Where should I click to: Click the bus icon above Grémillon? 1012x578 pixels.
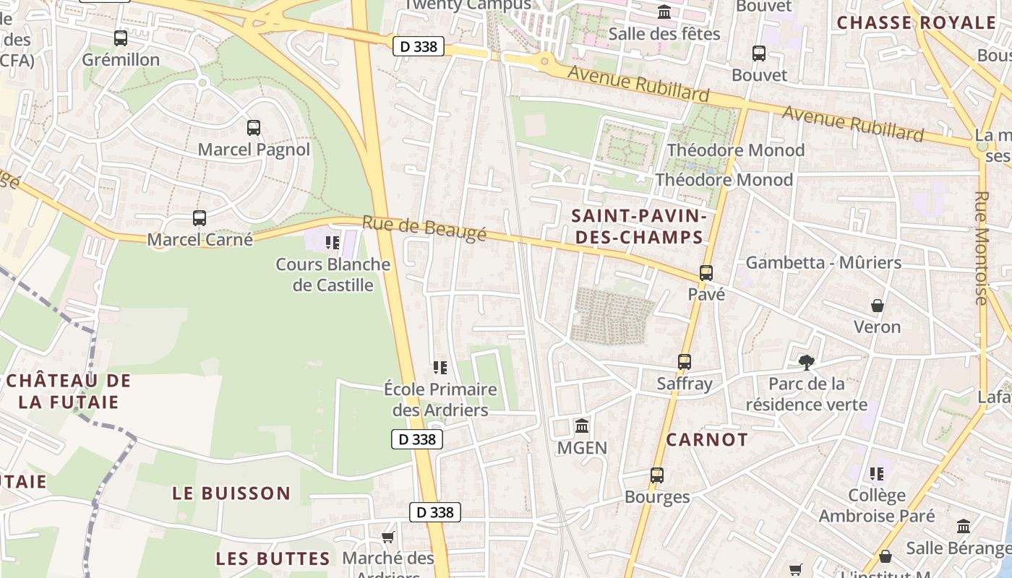[121, 38]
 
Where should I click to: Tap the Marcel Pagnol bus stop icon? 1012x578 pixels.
[253, 128]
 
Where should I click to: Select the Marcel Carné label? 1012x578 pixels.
[200, 239]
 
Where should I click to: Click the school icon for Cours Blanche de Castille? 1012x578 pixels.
[333, 243]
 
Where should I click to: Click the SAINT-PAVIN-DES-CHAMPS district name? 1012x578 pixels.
[637, 226]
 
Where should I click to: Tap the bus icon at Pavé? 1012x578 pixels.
[706, 273]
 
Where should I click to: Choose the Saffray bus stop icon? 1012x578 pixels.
[684, 361]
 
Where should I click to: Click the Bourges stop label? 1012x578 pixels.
[657, 497]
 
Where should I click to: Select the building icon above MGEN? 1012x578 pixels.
[582, 426]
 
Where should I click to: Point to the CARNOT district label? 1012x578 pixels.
[707, 439]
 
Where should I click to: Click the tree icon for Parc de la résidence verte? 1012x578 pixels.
[806, 362]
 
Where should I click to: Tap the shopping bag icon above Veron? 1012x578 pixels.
[878, 306]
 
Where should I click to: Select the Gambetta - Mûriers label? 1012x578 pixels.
[823, 262]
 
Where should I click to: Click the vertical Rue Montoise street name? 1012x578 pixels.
[981, 248]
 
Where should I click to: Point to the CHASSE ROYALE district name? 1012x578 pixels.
[916, 22]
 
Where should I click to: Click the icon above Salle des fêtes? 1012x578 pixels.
[664, 12]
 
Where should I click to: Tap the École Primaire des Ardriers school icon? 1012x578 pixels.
[439, 368]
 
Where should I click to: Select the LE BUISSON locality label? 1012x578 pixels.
[231, 493]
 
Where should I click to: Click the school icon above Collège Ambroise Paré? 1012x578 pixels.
[877, 474]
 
